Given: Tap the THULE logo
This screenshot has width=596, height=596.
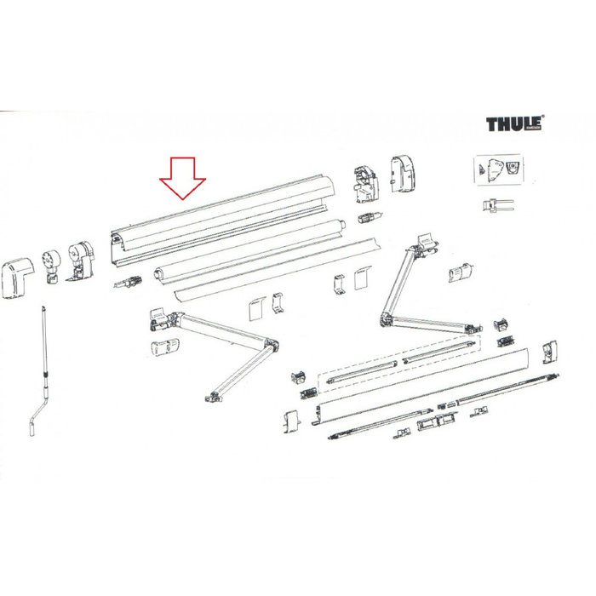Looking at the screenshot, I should [x=515, y=126].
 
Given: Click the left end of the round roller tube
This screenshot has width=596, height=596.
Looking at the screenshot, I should [x=158, y=274].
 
